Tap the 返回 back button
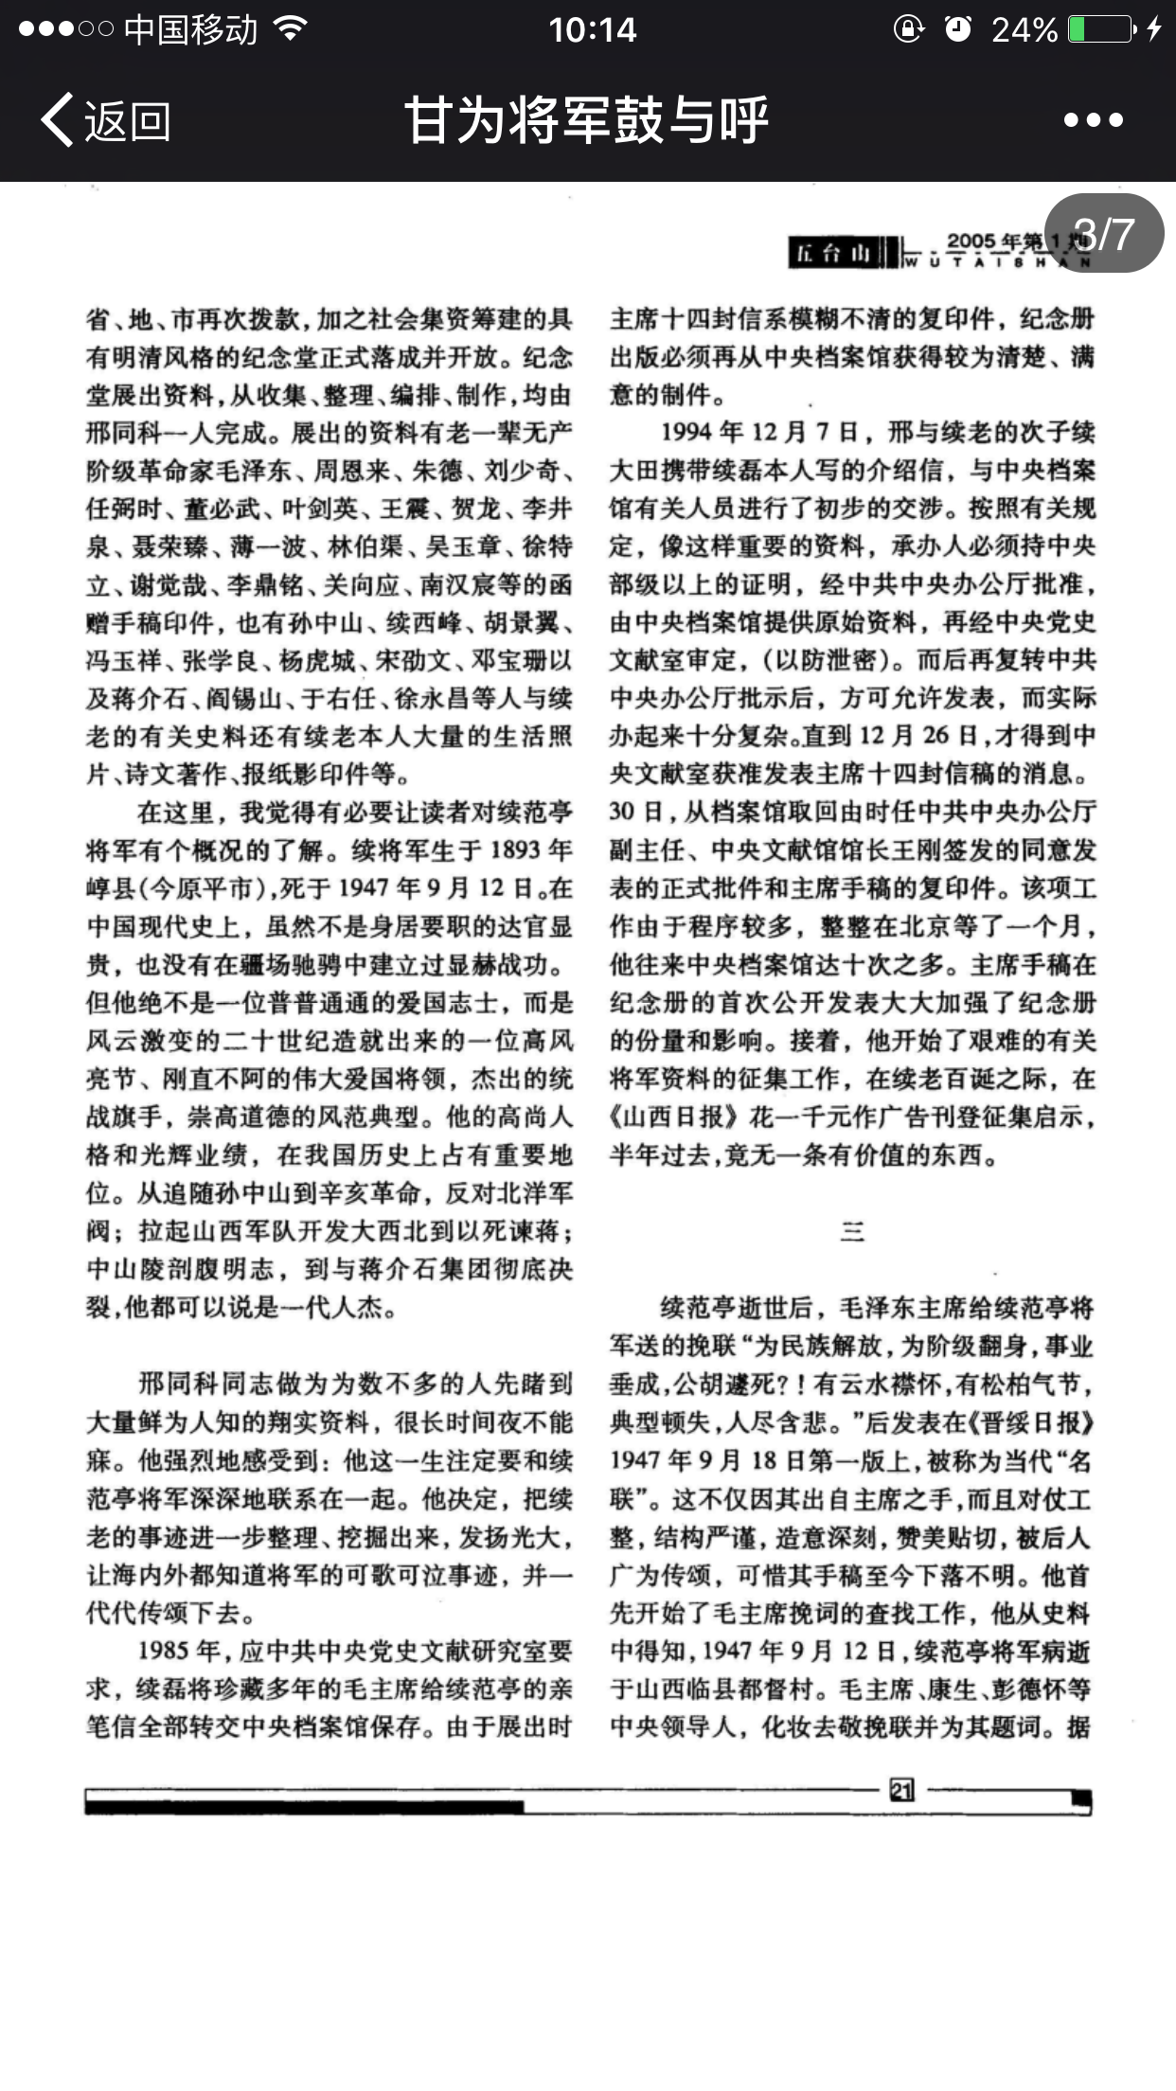(x=106, y=120)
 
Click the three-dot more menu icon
(x=1093, y=120)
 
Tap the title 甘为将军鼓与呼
(x=587, y=120)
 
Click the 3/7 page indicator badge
(x=1104, y=234)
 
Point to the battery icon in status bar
(x=1101, y=29)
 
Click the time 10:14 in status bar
(x=593, y=29)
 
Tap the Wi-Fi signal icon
(x=290, y=29)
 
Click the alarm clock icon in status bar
(x=958, y=29)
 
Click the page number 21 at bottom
(x=900, y=1789)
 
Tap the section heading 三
(x=851, y=1231)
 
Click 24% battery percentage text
(x=1025, y=29)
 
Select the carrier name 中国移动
(x=190, y=29)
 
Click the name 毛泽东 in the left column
(x=262, y=471)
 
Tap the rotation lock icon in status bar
(x=908, y=29)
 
